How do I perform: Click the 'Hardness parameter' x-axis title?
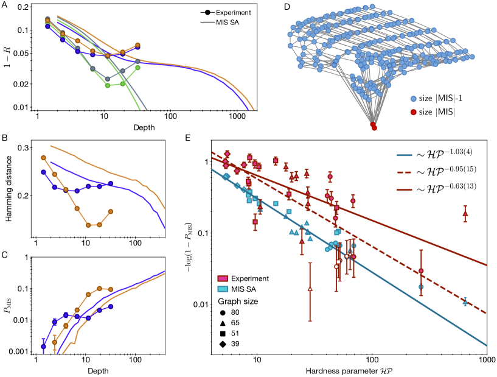pos(344,370)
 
